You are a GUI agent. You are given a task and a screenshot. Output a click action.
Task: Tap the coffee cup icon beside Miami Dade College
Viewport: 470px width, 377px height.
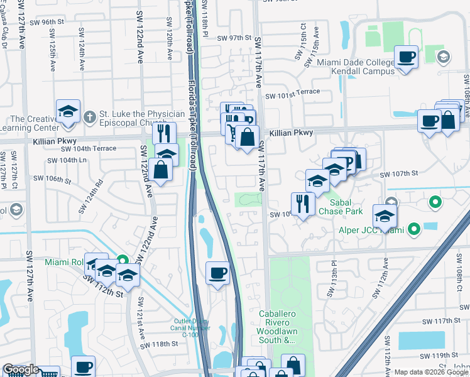pyautogui.click(x=406, y=58)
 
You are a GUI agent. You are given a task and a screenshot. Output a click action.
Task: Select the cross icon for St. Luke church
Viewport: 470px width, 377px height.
pyautogui.click(x=89, y=116)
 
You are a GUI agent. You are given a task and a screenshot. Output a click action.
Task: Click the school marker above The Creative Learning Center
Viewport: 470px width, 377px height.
pyautogui.click(x=68, y=112)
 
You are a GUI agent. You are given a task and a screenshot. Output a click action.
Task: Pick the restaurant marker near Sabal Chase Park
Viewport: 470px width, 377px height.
pyautogui.click(x=302, y=204)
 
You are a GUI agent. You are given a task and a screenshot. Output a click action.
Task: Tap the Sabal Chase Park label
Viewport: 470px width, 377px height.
pyautogui.click(x=341, y=207)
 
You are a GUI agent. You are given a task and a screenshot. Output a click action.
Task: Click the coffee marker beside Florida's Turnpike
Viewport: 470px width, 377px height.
pyautogui.click(x=218, y=273)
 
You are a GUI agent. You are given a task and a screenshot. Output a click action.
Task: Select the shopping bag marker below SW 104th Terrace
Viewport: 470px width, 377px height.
pyautogui.click(x=161, y=169)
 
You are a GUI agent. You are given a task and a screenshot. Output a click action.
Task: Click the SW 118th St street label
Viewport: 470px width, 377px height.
pyautogui.click(x=160, y=344)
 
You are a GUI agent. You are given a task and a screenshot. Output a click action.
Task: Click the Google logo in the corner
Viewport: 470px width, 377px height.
pyautogui.click(x=21, y=369)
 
